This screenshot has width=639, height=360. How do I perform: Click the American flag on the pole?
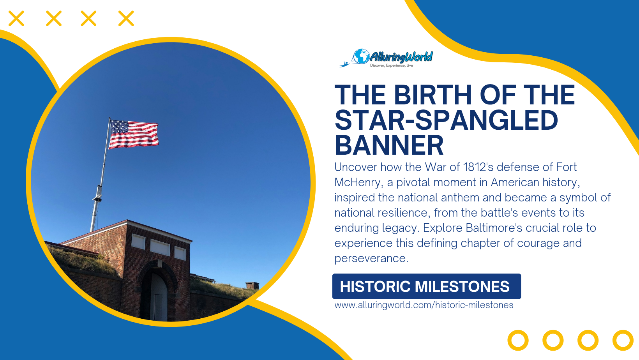tap(134, 134)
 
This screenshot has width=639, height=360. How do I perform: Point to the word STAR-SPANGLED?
tap(446, 120)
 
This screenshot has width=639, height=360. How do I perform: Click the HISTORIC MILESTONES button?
tap(426, 286)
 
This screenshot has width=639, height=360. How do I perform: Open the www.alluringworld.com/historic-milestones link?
tap(424, 305)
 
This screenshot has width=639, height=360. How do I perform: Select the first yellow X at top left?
tap(16, 18)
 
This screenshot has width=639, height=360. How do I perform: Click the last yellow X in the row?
tap(126, 18)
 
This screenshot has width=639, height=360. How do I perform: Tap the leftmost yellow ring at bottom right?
tap(518, 340)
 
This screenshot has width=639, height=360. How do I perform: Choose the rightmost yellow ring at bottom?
tap(623, 340)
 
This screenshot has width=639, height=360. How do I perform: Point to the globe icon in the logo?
tap(361, 56)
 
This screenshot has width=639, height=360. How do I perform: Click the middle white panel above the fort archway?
tap(160, 247)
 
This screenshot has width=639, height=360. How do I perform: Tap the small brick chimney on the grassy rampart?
tap(252, 286)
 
